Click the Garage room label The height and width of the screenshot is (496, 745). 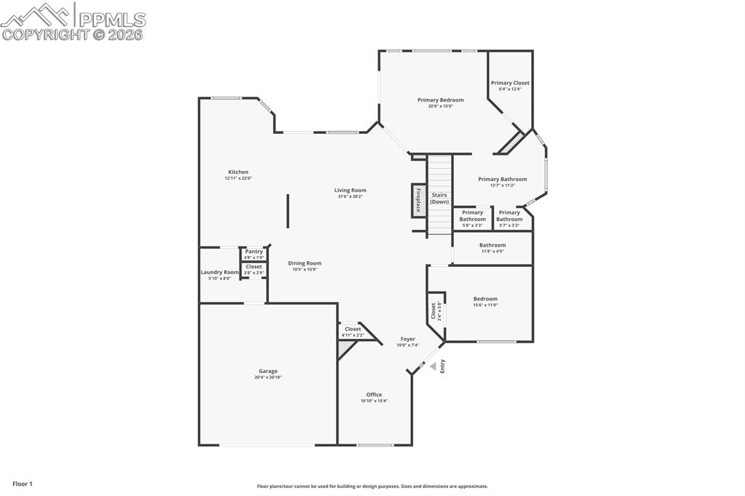(x=268, y=371)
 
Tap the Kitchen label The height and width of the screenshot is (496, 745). (x=238, y=172)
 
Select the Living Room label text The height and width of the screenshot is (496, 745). (x=350, y=190)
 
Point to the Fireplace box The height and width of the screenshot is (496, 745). (x=418, y=200)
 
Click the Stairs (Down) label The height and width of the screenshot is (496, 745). (x=439, y=198)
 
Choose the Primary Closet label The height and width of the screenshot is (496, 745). (x=510, y=83)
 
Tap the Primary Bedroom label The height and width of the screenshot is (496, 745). (x=440, y=100)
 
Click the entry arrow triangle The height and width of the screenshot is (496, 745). (x=433, y=367)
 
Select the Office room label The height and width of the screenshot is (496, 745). (x=374, y=395)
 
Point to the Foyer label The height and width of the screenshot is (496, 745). (x=407, y=339)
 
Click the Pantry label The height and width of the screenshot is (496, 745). (x=254, y=251)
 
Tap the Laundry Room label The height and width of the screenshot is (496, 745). (x=219, y=272)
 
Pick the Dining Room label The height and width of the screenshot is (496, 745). (x=305, y=263)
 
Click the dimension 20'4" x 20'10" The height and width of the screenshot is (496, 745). (x=268, y=377)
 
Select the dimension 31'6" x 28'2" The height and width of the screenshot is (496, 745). (x=350, y=196)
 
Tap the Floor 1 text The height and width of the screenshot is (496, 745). (x=23, y=484)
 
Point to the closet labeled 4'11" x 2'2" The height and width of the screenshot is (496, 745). (x=353, y=332)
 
